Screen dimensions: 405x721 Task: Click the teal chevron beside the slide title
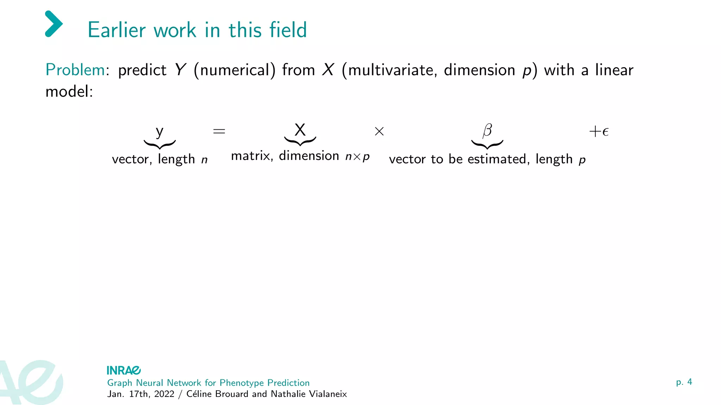(54, 24)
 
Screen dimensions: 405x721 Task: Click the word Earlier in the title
(117, 30)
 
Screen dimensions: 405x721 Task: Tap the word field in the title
(288, 30)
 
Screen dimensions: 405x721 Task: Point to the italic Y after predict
(180, 70)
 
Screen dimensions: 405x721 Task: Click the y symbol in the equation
(159, 132)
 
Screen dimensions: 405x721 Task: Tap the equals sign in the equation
(219, 131)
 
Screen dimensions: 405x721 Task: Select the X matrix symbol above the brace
(300, 130)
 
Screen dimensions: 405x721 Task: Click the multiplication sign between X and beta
(379, 131)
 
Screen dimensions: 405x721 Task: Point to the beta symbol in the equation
(487, 130)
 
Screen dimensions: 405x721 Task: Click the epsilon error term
(606, 132)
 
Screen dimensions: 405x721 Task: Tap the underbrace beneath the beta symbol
(487, 144)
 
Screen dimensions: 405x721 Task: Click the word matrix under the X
(251, 156)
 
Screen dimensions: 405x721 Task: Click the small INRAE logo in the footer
(124, 371)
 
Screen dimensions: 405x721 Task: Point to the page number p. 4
(684, 382)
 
